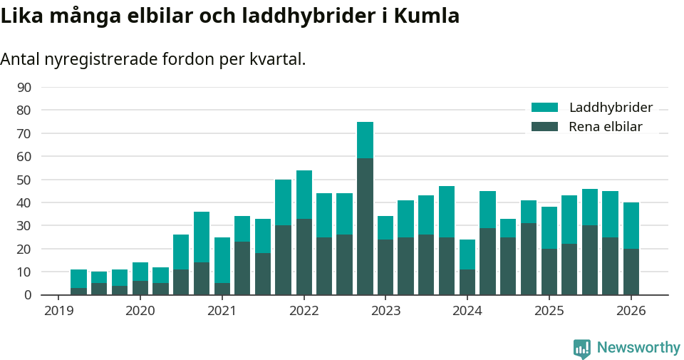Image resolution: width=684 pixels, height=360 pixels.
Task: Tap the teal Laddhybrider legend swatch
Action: [544, 108]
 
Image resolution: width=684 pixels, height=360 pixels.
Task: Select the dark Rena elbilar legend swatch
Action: [544, 127]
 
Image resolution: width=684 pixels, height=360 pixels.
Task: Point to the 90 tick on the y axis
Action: [24, 87]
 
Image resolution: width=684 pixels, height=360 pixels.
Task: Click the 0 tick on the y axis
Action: [28, 294]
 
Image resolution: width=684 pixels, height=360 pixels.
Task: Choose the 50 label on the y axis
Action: [24, 180]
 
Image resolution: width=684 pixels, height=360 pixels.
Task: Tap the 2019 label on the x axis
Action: [58, 311]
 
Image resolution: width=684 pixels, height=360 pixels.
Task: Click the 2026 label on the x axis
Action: [631, 311]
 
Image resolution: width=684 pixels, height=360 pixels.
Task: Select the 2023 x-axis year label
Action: [385, 311]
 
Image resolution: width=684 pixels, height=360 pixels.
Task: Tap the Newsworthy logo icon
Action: [581, 348]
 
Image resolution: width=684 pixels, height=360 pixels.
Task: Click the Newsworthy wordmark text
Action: [638, 348]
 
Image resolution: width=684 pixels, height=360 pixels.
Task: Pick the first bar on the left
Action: [78, 282]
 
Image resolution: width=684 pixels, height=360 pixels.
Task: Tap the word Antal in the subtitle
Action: [20, 59]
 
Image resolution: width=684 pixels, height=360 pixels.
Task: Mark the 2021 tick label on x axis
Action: [222, 311]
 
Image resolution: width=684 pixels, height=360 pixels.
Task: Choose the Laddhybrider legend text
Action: [611, 108]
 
